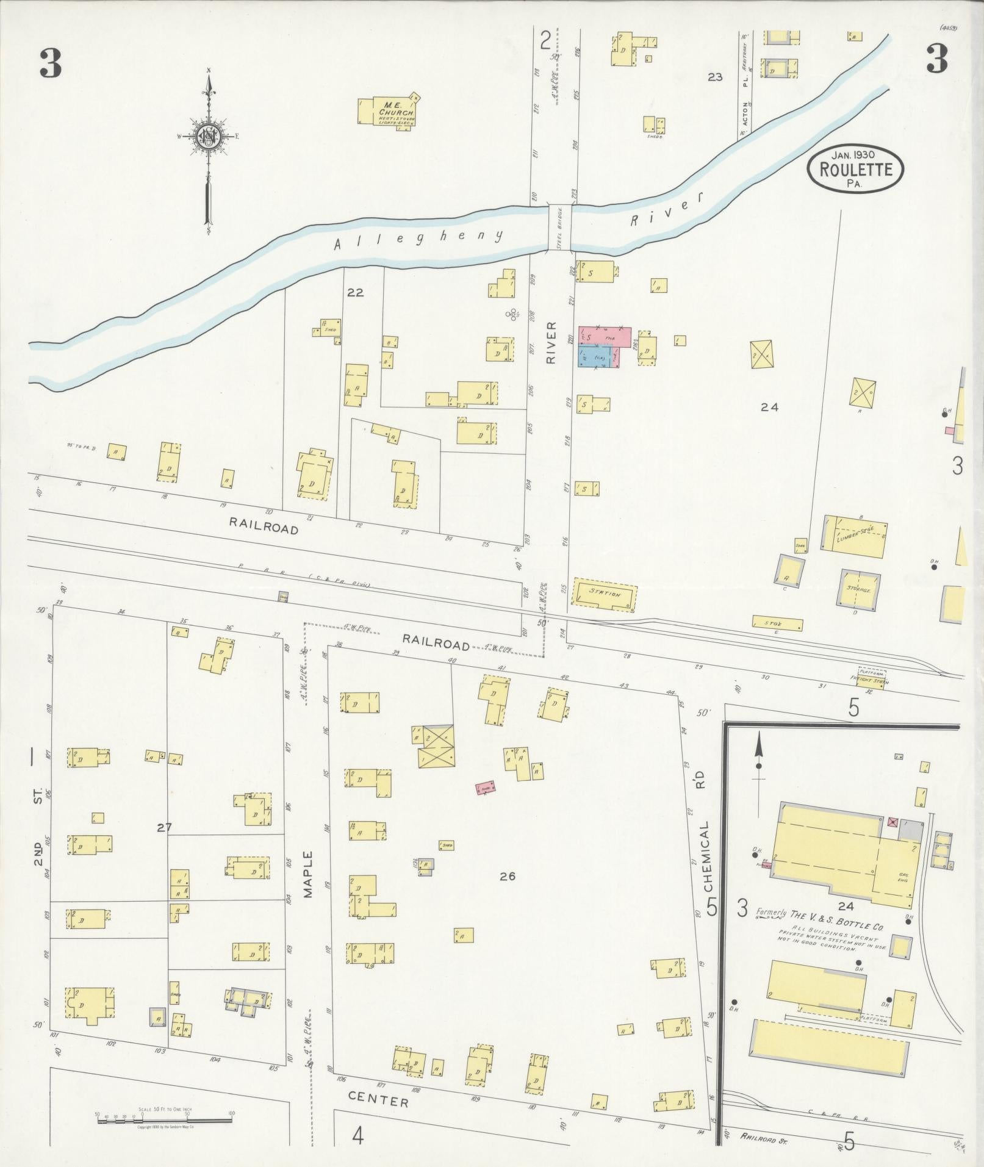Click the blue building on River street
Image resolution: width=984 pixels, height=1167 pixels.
[595, 356]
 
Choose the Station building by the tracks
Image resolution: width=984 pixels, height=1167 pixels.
[604, 594]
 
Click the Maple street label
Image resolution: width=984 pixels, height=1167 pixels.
[307, 874]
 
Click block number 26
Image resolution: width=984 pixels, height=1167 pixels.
[507, 877]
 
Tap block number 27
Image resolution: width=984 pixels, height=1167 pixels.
[163, 828]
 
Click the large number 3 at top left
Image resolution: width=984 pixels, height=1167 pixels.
[51, 63]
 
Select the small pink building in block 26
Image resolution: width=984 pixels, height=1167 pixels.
[486, 788]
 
